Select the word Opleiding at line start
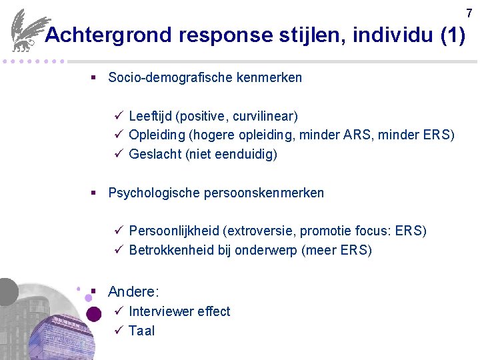click(157, 135)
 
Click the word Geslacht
click(154, 154)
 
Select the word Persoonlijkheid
click(174, 231)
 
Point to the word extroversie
click(261, 231)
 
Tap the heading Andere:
click(133, 291)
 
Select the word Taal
click(141, 331)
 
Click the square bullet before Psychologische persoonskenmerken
click(94, 193)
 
